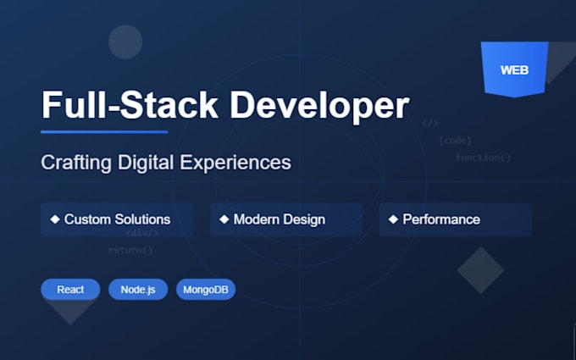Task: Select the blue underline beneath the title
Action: (x=104, y=131)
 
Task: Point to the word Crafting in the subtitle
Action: (x=75, y=163)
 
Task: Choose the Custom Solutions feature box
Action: (x=116, y=219)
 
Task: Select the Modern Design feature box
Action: (x=285, y=219)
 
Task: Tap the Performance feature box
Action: (x=455, y=219)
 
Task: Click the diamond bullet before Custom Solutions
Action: (x=55, y=219)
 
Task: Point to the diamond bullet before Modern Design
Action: (x=224, y=219)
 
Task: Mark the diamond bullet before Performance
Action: (x=393, y=219)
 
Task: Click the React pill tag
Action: (x=70, y=290)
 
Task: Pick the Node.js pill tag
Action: (x=138, y=290)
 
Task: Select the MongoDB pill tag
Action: (x=206, y=290)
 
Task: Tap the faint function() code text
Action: (x=483, y=158)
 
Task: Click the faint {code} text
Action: (x=455, y=140)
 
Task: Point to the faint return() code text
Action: (x=130, y=250)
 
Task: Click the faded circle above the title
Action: (x=125, y=42)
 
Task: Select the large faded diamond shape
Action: (x=480, y=270)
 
